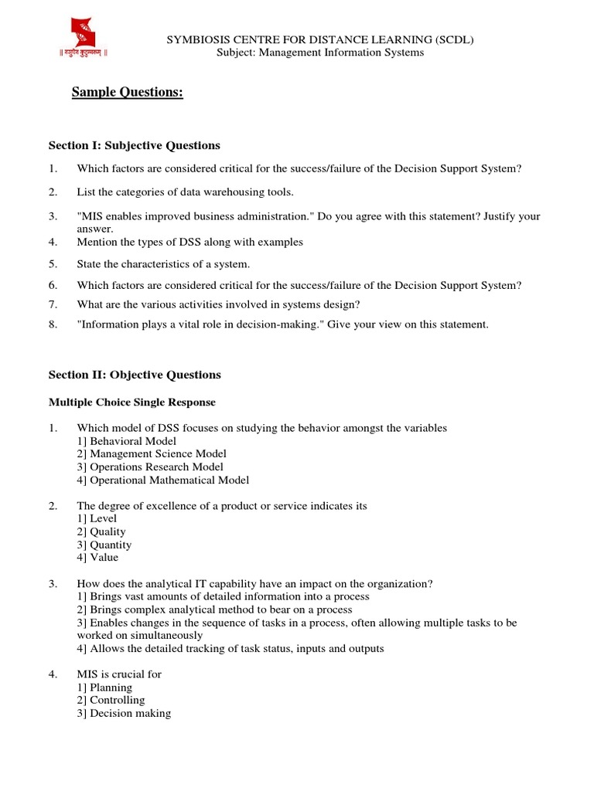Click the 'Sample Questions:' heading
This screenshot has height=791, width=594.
tap(128, 93)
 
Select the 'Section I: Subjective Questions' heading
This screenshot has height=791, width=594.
tap(135, 145)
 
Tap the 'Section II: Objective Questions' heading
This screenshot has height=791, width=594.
tap(135, 375)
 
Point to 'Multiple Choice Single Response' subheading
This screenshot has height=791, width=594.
tap(132, 402)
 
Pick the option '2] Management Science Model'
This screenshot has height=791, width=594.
tap(152, 454)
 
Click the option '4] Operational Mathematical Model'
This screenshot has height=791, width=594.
tap(163, 480)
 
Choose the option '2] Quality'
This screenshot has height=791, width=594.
tap(101, 532)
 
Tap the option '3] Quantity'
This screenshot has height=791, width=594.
tap(104, 545)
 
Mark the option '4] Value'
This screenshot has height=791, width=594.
tap(98, 558)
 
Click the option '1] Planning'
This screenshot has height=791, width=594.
tap(104, 687)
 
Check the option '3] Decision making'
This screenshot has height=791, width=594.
tap(124, 714)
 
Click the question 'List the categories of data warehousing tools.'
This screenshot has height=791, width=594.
tap(185, 192)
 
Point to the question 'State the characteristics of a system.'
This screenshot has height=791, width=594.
tap(163, 264)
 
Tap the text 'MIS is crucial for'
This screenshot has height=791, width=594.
tap(119, 674)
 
